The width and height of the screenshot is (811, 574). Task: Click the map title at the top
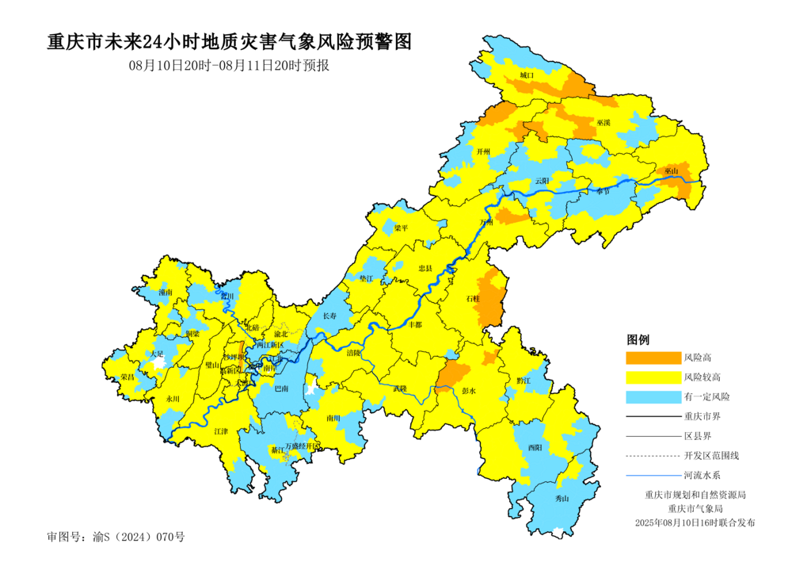(x=230, y=42)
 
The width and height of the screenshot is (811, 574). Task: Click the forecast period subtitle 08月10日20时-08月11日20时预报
(x=229, y=66)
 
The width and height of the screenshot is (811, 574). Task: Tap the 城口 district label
(x=527, y=75)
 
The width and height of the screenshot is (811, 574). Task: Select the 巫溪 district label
(x=603, y=123)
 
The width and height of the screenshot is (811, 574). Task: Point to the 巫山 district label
(x=672, y=170)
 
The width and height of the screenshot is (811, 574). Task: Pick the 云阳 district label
(x=542, y=181)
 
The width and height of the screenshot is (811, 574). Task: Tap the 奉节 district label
(x=603, y=190)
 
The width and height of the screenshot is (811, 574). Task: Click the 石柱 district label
(x=473, y=298)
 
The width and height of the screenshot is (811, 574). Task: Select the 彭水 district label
(x=467, y=390)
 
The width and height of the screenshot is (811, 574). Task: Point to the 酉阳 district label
(x=535, y=448)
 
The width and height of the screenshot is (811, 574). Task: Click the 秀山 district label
(x=562, y=499)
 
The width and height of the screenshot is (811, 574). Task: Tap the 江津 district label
(x=221, y=431)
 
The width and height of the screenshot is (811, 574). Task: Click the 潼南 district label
(x=165, y=293)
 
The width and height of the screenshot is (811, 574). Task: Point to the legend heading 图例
(x=638, y=339)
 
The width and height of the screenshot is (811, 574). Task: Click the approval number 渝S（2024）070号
(x=116, y=537)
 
